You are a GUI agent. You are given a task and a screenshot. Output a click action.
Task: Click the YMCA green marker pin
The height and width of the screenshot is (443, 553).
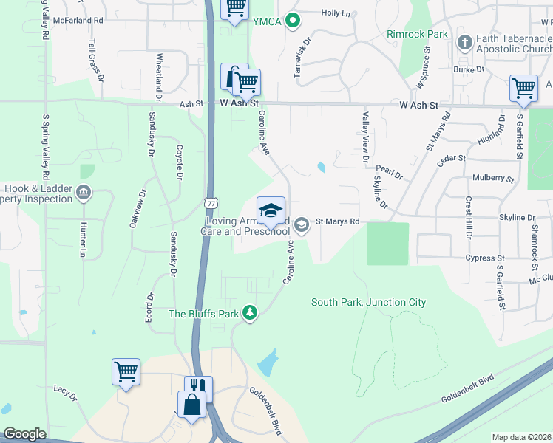tap(293, 21)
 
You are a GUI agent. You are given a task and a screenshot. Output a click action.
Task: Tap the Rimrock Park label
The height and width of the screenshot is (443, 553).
tap(417, 34)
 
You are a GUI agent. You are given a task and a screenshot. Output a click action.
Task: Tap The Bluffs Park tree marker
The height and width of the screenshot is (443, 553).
tap(251, 314)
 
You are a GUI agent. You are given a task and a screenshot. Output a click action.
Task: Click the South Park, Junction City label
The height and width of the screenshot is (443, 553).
tap(368, 302)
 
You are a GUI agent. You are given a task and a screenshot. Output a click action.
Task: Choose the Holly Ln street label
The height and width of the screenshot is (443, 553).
tap(335, 13)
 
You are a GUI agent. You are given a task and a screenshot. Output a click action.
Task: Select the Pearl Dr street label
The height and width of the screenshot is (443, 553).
tap(389, 176)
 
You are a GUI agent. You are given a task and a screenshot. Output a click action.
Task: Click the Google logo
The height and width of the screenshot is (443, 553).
tap(24, 434)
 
